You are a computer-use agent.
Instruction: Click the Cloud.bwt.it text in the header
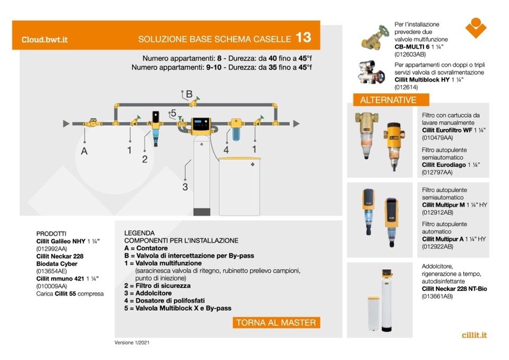[x=45, y=40]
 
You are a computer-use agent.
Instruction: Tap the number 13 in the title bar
[x=304, y=38]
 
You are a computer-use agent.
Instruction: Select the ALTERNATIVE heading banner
[x=388, y=100]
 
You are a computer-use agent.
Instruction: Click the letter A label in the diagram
[x=84, y=151]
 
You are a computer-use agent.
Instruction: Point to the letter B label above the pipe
[x=188, y=94]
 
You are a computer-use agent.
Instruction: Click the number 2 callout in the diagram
[x=144, y=159]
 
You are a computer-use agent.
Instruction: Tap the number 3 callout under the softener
[x=185, y=186]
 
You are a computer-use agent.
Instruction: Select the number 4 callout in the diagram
[x=226, y=150]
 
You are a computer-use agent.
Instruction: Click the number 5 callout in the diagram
[x=173, y=113]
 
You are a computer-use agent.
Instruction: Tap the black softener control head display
[x=201, y=125]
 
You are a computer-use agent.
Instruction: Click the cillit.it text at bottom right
[x=475, y=335]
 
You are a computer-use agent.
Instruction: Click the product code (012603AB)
[x=410, y=54]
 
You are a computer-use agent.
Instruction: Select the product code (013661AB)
[x=437, y=296]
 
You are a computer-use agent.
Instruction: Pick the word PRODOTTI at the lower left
[x=51, y=234]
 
